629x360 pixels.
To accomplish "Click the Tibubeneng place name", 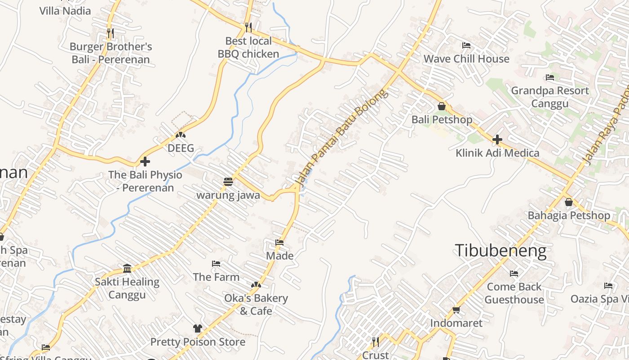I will click(501, 251).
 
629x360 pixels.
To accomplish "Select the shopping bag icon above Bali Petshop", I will click(442, 106).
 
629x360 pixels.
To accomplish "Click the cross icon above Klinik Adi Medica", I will click(497, 139).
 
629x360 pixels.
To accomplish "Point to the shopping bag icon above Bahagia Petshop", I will click(568, 202).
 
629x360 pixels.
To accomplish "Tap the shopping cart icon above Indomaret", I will click(456, 310).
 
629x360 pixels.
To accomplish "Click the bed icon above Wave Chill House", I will click(466, 45).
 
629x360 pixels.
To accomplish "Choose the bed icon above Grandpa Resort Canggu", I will click(549, 77).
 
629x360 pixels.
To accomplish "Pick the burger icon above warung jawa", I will click(228, 182).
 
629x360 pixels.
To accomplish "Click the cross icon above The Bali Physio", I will click(145, 161).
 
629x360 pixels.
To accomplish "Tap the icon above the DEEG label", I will click(181, 135).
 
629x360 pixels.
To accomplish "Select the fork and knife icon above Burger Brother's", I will click(111, 33).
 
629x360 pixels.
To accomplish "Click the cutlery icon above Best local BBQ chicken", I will click(248, 27).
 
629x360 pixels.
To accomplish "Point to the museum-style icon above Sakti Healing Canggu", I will click(127, 268).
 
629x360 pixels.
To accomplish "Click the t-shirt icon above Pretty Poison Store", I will click(197, 328).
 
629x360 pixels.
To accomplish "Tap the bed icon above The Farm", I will click(216, 263).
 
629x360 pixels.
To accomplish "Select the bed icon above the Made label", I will click(279, 243).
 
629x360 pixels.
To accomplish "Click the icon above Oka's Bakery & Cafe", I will click(256, 285).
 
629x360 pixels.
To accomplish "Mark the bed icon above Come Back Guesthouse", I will click(514, 273).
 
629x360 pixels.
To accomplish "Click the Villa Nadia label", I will click(65, 11).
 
